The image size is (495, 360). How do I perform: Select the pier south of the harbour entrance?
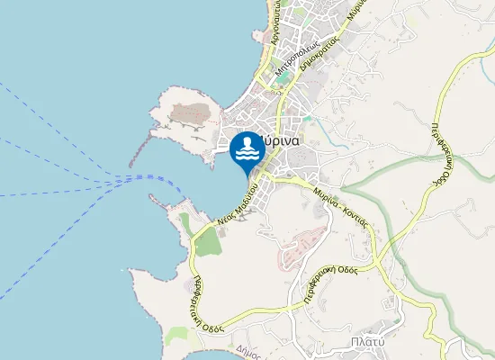(166, 202)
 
